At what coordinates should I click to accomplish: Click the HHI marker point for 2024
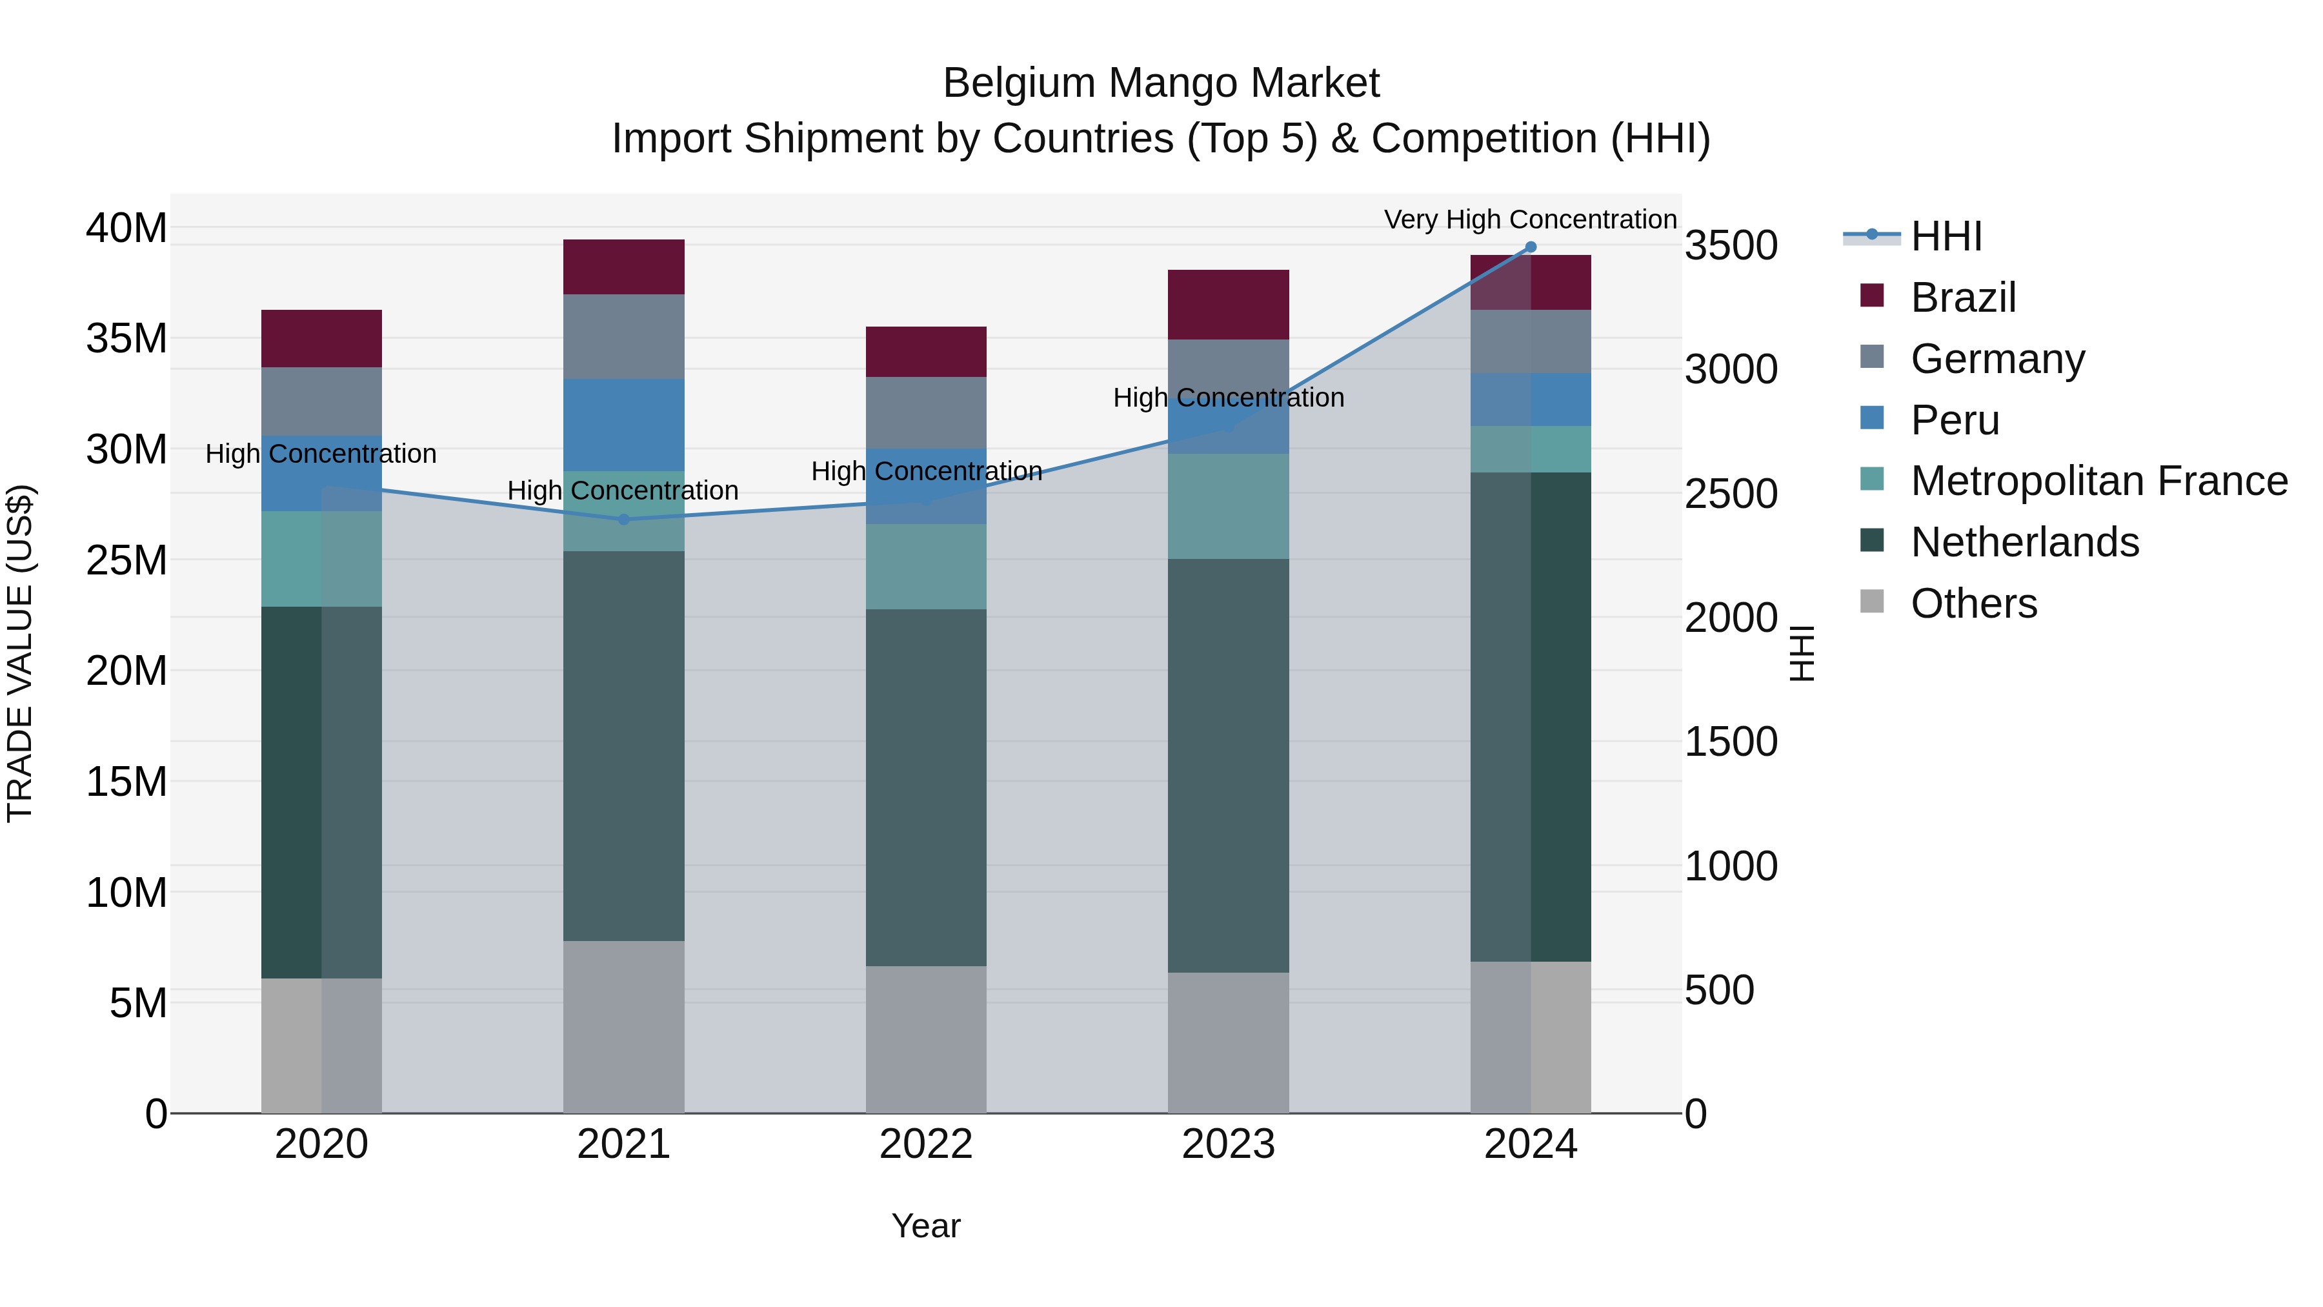pyautogui.click(x=1531, y=247)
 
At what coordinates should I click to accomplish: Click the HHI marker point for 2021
pyautogui.click(x=624, y=520)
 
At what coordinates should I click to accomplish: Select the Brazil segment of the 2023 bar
pyautogui.click(x=1228, y=305)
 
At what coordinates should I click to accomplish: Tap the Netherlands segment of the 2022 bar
pyautogui.click(x=926, y=787)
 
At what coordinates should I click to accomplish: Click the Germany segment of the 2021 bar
pyautogui.click(x=624, y=336)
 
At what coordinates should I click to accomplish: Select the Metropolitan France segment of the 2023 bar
pyautogui.click(x=1228, y=506)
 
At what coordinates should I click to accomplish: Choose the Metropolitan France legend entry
pyautogui.click(x=2098, y=481)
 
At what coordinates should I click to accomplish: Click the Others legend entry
pyautogui.click(x=1973, y=603)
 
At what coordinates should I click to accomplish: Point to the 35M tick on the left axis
pyautogui.click(x=126, y=338)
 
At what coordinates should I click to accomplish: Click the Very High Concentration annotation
pyautogui.click(x=1531, y=219)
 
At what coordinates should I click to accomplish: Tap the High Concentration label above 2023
pyautogui.click(x=1228, y=398)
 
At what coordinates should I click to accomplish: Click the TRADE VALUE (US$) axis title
pyautogui.click(x=20, y=653)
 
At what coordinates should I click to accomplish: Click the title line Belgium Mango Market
pyautogui.click(x=1161, y=83)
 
